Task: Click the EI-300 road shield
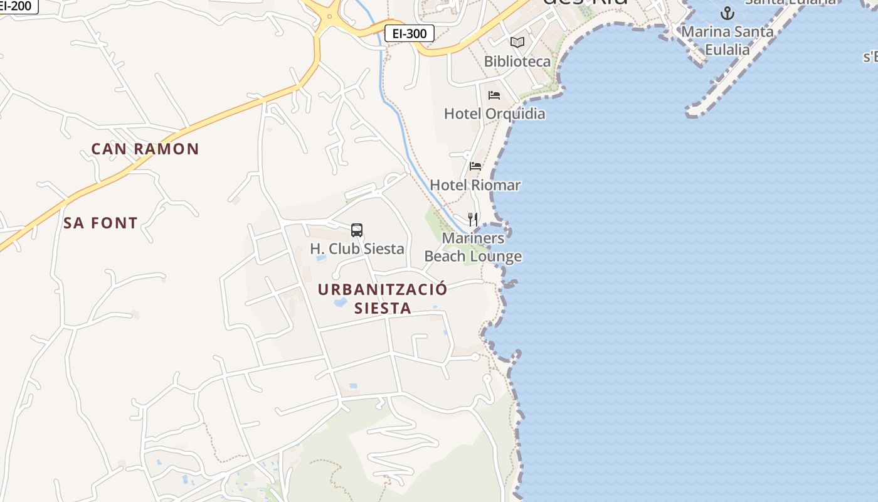click(409, 33)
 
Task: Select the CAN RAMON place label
click(145, 149)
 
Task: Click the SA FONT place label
click(100, 223)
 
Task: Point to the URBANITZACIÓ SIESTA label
click(383, 298)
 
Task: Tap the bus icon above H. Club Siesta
click(357, 230)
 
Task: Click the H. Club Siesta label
click(357, 248)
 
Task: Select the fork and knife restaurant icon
click(473, 220)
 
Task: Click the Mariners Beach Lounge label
click(473, 247)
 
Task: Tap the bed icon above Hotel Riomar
click(475, 166)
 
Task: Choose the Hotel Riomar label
click(475, 185)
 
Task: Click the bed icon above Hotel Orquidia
click(494, 95)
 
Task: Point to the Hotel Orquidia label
click(494, 114)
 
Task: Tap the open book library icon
click(517, 43)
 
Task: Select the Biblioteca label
click(517, 61)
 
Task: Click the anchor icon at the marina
click(727, 13)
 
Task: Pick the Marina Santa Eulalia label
click(727, 40)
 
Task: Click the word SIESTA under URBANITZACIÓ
click(383, 308)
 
